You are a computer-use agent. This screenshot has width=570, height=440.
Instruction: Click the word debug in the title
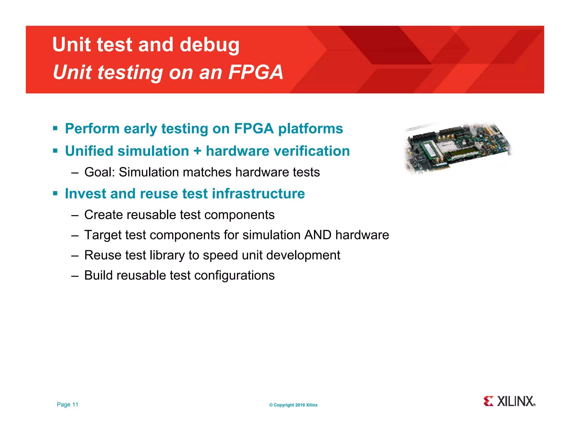point(209,45)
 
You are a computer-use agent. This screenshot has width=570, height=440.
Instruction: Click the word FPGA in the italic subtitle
point(255,72)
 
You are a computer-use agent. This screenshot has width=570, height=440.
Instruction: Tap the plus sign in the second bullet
point(197,151)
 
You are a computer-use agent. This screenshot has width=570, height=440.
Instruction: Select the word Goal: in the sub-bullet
point(100,172)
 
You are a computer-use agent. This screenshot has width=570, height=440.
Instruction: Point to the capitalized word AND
point(318,235)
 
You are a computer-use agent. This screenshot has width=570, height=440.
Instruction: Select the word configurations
point(234,276)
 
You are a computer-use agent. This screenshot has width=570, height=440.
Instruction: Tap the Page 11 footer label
point(68,404)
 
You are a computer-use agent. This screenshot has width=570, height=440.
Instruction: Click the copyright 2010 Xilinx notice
point(293,405)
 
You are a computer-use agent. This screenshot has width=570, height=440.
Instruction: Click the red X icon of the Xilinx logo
point(488,401)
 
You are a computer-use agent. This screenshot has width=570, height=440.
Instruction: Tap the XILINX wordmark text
point(515,401)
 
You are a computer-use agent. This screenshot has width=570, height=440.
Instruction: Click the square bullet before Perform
point(55,128)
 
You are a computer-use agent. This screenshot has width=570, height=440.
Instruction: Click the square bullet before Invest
point(55,193)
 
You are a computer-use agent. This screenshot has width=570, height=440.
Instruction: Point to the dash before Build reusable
point(75,276)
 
